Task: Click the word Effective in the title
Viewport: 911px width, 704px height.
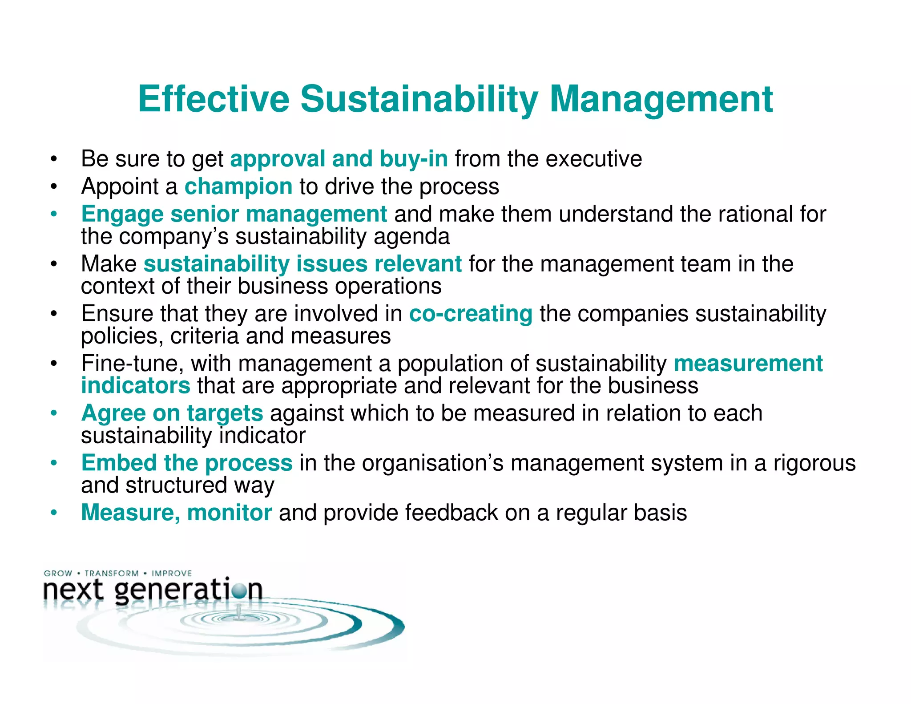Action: (214, 99)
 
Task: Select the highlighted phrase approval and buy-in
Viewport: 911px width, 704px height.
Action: (339, 159)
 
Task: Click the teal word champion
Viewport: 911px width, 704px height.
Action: (238, 186)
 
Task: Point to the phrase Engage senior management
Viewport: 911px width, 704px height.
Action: (234, 214)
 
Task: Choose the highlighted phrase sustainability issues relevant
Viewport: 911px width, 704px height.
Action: (302, 264)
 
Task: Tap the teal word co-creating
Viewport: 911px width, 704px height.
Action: (471, 314)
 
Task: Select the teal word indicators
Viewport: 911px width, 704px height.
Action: (136, 385)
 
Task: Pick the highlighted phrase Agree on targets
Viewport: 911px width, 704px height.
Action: (172, 413)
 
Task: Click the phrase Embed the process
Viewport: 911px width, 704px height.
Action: (187, 463)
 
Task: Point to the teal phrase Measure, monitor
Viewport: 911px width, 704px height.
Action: (176, 513)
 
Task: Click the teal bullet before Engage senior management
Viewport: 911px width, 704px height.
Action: (54, 214)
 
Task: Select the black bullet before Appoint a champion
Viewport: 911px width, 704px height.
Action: (54, 187)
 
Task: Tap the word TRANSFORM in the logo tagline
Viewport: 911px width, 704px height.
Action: (112, 573)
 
